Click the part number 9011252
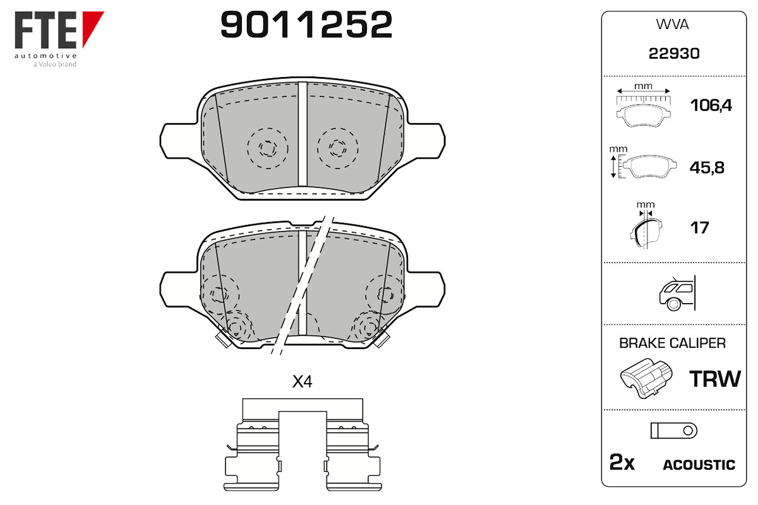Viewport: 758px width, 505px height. (x=306, y=25)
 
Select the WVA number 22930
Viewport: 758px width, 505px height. (x=674, y=54)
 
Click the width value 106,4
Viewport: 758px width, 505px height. (x=711, y=105)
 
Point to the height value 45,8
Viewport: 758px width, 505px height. (x=707, y=167)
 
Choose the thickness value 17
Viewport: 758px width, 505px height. (x=699, y=228)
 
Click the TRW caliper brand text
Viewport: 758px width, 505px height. (x=715, y=379)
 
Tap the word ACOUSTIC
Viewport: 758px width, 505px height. (x=699, y=465)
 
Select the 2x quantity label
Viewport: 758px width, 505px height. (x=622, y=462)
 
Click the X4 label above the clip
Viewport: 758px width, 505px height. (x=302, y=381)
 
